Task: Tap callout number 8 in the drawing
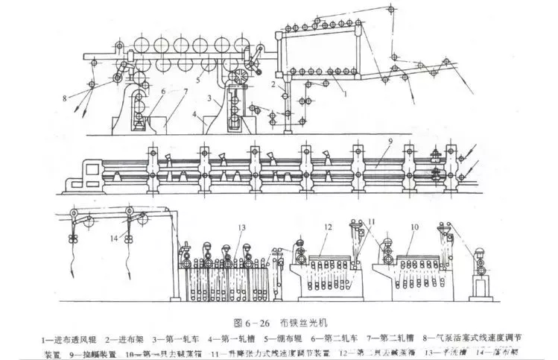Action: [x=65, y=97]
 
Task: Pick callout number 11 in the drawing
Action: [x=372, y=222]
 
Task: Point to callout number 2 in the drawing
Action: [x=273, y=86]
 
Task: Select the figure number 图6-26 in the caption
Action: [x=244, y=325]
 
